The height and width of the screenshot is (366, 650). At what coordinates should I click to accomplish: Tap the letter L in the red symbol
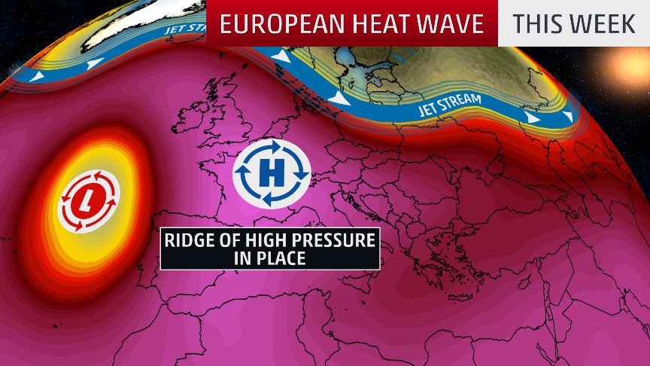click(89, 200)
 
